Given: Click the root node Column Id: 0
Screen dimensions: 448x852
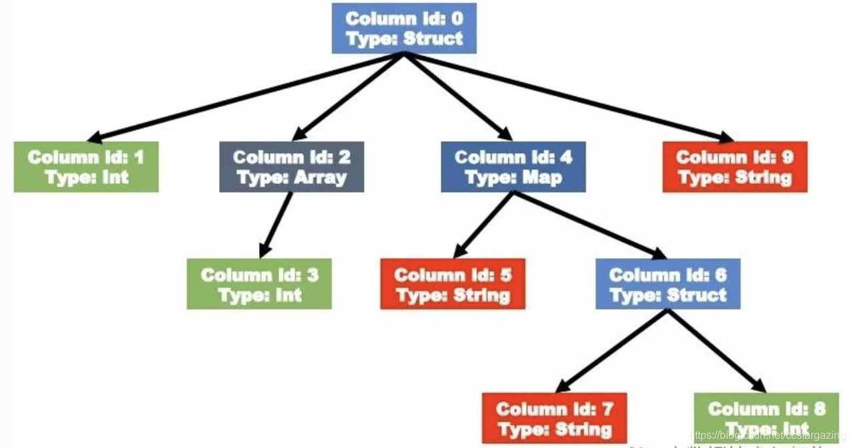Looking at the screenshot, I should click(x=404, y=29).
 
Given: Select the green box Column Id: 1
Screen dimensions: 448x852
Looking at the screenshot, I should click(x=86, y=167).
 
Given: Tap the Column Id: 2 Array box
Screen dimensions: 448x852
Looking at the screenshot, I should click(x=292, y=167).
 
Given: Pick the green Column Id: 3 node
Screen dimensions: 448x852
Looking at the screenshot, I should click(x=259, y=284).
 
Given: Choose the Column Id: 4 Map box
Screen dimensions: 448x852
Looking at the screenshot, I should click(x=513, y=167).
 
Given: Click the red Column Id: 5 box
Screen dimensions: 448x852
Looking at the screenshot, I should click(x=453, y=284).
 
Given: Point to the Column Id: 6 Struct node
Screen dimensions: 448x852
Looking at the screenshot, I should click(x=668, y=284).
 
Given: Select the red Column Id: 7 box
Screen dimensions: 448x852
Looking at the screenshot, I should click(x=555, y=418).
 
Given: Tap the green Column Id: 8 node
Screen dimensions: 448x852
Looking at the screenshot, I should click(x=766, y=418).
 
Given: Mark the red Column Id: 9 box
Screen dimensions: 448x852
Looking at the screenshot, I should click(x=734, y=167).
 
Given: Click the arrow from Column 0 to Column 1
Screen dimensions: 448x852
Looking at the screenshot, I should click(x=247, y=98).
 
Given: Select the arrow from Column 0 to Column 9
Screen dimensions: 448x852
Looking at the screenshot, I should click(x=568, y=98).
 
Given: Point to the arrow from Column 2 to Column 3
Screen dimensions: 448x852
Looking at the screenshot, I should click(x=276, y=225).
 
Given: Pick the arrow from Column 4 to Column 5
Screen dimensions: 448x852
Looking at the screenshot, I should click(x=483, y=225).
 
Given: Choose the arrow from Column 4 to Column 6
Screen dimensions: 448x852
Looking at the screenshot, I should click(x=588, y=225).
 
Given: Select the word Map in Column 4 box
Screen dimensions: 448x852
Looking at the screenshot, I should click(x=542, y=178).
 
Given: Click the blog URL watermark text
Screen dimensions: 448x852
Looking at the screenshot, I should click(x=768, y=435).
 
